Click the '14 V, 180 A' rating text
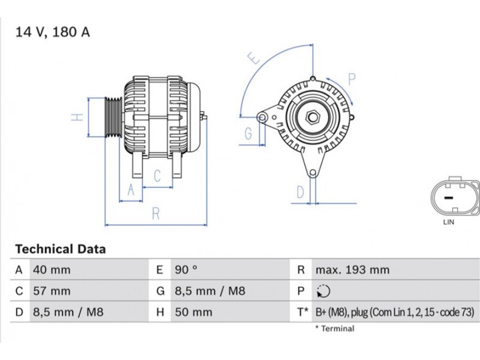53,32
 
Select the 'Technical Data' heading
60,249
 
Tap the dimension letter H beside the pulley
77,117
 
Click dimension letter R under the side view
155,212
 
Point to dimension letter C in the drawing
157,176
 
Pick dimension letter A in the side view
131,191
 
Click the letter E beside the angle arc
255,59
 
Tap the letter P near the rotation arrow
352,79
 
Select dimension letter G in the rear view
248,134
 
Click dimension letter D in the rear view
300,193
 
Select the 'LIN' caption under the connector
448,222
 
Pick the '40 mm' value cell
52,270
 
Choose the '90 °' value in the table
185,270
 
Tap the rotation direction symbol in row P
323,292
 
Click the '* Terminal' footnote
334,328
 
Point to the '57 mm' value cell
52,292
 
